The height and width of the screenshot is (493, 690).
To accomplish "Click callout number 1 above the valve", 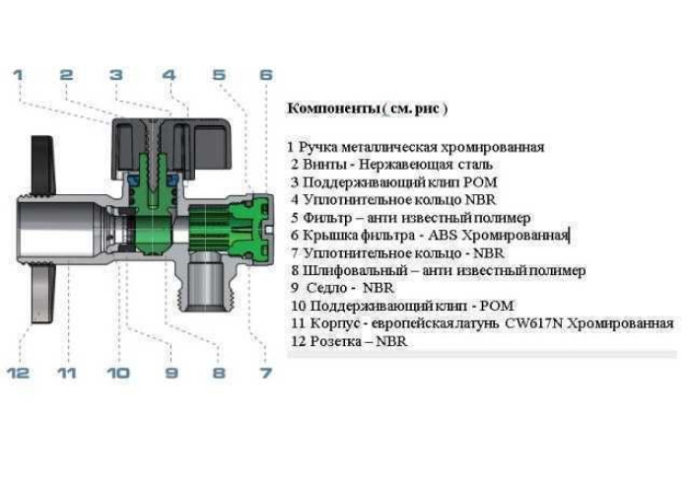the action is pyautogui.click(x=18, y=74).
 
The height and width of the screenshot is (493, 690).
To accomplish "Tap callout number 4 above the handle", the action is pyautogui.click(x=170, y=74).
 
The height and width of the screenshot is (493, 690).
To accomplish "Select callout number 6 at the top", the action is pyautogui.click(x=266, y=74).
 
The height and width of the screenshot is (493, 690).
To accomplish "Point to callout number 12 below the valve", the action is pyautogui.click(x=19, y=373).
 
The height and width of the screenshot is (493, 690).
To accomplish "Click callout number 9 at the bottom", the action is pyautogui.click(x=172, y=373).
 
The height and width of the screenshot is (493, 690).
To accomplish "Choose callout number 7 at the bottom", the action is pyautogui.click(x=266, y=373).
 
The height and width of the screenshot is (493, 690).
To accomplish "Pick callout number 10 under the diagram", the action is pyautogui.click(x=119, y=373).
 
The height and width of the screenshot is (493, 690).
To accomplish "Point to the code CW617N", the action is pyautogui.click(x=534, y=323).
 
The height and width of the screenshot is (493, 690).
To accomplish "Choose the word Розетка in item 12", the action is pyautogui.click(x=336, y=341).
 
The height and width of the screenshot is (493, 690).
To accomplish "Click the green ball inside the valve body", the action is pyautogui.click(x=152, y=233).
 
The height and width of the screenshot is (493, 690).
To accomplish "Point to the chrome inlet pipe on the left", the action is pyautogui.click(x=59, y=229).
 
